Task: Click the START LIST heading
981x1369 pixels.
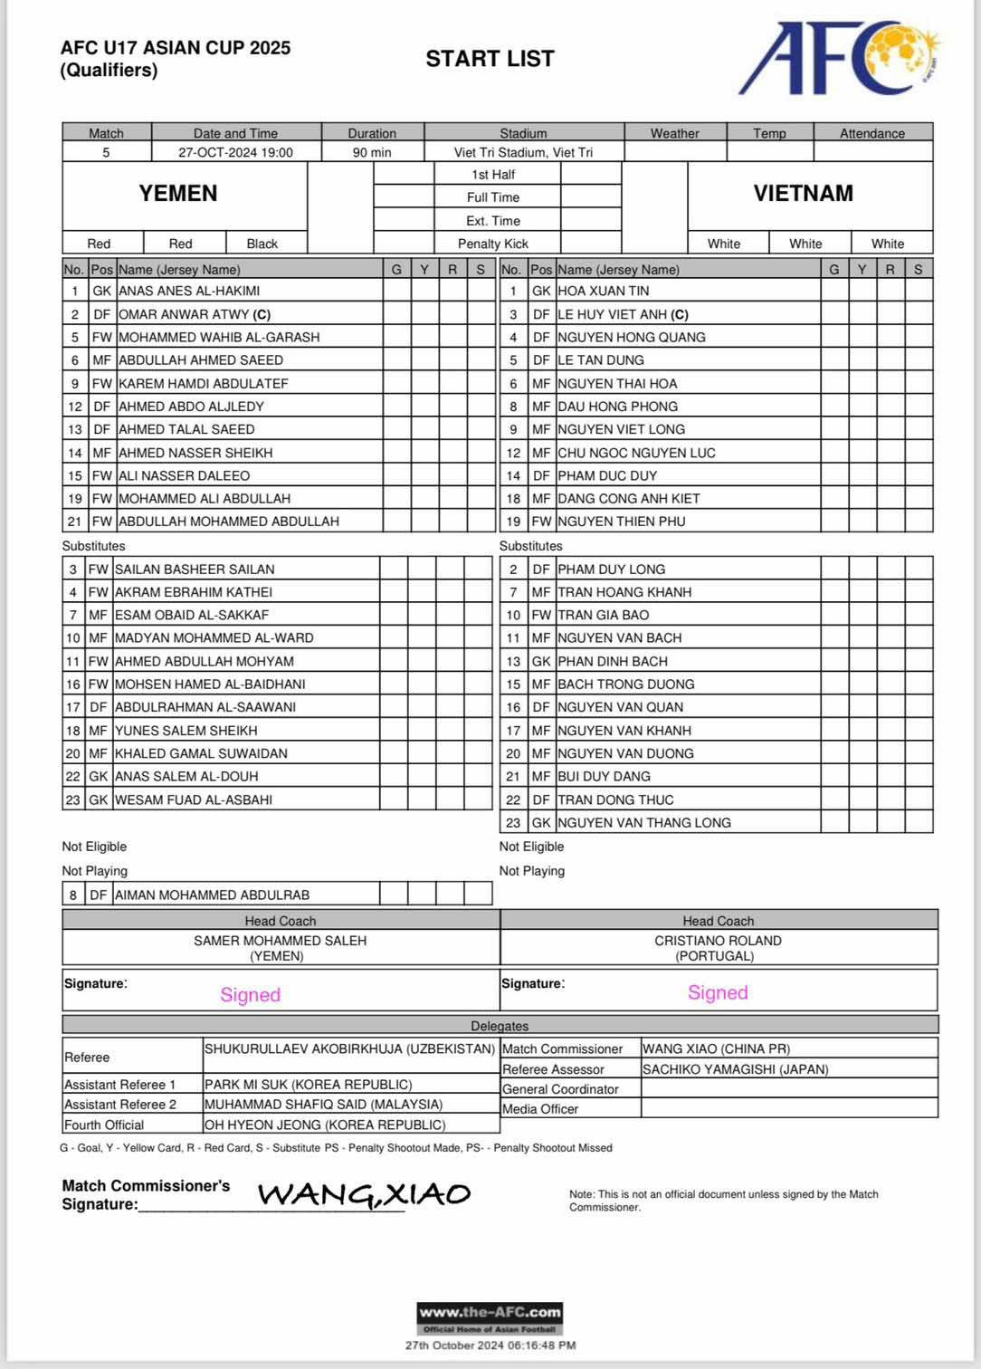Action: [490, 59]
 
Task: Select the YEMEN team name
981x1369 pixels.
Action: [178, 193]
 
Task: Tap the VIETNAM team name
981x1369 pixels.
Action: [803, 193]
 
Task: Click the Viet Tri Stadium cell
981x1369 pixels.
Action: [523, 153]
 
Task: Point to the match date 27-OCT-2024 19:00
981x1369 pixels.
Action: [235, 153]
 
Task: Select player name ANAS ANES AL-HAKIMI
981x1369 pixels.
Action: [189, 292]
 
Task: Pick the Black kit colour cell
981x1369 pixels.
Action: [262, 244]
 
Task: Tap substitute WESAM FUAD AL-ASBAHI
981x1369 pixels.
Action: [194, 799]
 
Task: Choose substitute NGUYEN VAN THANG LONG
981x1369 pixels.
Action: [644, 822]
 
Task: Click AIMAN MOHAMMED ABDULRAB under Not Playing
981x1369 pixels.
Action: [212, 895]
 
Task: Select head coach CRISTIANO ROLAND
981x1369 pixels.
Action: [718, 941]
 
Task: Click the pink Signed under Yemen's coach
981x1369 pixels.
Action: [251, 994]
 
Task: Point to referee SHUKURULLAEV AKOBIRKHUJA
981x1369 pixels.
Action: [349, 1049]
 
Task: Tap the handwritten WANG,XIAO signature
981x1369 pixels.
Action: [364, 1194]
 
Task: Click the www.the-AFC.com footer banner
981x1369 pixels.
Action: [490, 1313]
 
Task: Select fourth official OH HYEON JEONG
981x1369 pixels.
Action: [325, 1125]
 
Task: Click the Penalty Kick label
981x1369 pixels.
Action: [493, 244]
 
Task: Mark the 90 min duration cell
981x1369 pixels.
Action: [372, 153]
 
